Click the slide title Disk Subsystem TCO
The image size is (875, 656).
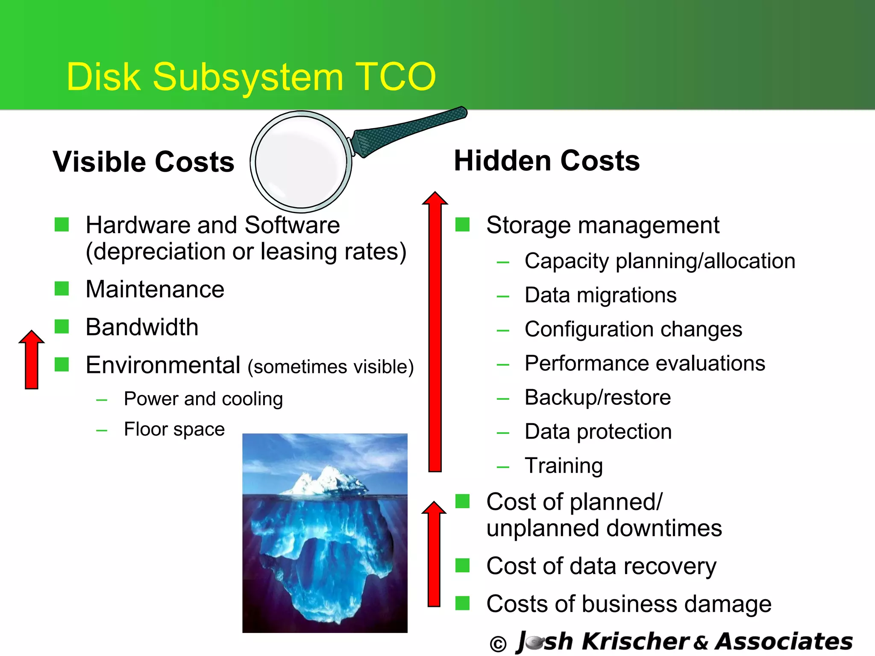tap(251, 77)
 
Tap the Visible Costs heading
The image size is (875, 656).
tap(144, 162)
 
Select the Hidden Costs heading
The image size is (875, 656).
tap(546, 161)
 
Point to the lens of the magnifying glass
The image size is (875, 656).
tap(301, 161)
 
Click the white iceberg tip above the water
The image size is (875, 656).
tap(325, 480)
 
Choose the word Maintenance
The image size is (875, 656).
tap(155, 289)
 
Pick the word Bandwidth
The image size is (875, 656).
tap(142, 327)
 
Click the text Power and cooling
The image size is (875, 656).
tap(203, 399)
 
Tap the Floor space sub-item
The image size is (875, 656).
tap(174, 429)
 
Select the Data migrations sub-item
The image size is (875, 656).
tap(600, 295)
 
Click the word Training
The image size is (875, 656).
tap(564, 466)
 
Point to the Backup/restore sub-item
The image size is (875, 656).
tap(598, 397)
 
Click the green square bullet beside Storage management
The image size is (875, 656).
tap(462, 224)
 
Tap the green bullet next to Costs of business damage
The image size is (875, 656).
tap(462, 603)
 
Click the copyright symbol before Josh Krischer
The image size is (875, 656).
tap(498, 644)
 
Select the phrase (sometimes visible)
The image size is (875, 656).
tap(331, 367)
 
